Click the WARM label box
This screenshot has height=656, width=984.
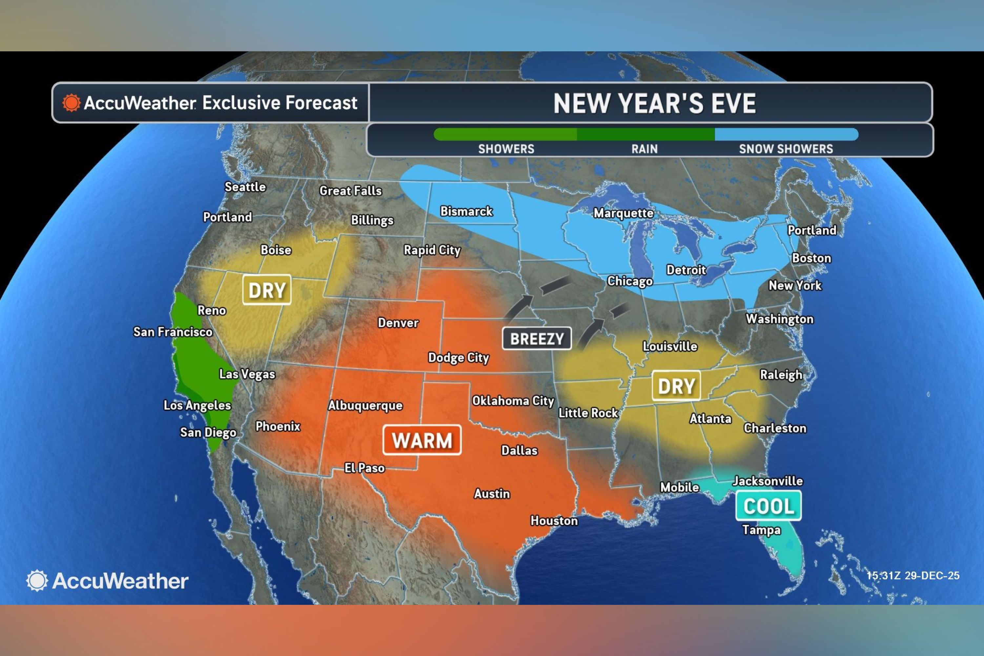pos(422,440)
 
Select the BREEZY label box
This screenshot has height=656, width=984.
pos(537,338)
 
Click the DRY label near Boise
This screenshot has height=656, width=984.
pos(267,290)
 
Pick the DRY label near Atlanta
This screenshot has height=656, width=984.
pos(676,386)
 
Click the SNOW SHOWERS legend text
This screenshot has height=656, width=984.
pos(786,149)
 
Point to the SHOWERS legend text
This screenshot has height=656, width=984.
pos(506,149)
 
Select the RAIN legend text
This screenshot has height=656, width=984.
pos(644,149)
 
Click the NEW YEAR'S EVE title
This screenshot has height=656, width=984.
pos(654,103)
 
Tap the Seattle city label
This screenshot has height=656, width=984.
pos(245,187)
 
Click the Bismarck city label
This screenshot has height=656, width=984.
pos(466,211)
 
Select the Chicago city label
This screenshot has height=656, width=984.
pos(630,281)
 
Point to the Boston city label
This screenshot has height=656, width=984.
pos(811,258)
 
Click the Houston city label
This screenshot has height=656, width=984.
pos(554,521)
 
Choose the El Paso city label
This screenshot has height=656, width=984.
pos(364,468)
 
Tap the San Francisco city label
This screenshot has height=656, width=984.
pos(173,332)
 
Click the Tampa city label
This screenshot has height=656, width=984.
pos(761,530)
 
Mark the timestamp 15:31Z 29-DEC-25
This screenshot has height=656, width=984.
pos(912,576)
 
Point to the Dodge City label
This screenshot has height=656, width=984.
pos(458,358)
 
